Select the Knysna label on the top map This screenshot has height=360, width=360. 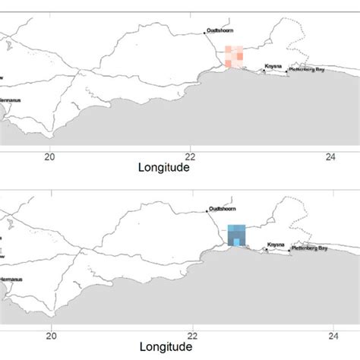pyautogui.click(x=274, y=67)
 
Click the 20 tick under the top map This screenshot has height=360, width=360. pyautogui.click(x=51, y=157)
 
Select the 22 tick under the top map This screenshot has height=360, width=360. pyautogui.click(x=191, y=157)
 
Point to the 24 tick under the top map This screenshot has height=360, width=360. pyautogui.click(x=331, y=157)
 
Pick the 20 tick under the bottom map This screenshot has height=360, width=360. pyautogui.click(x=51, y=335)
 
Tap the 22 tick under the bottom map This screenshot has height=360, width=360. pyautogui.click(x=191, y=335)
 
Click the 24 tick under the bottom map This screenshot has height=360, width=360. pyautogui.click(x=331, y=335)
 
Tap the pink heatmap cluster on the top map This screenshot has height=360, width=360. pyautogui.click(x=234, y=58)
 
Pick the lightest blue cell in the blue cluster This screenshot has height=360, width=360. pyautogui.click(x=237, y=242)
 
